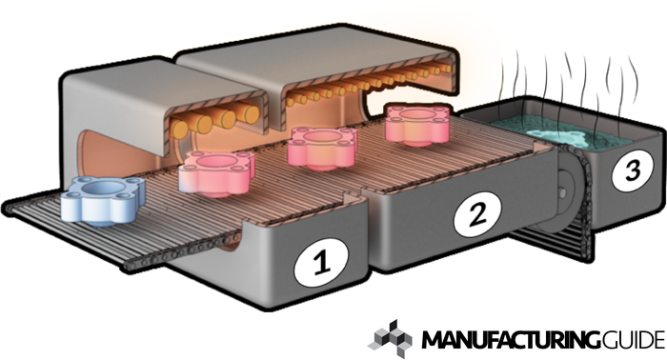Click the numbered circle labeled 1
pyautogui.click(x=321, y=261)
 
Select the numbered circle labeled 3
pyautogui.click(x=633, y=170)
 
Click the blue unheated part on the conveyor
pyautogui.click(x=103, y=201)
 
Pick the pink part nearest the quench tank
pyautogui.click(x=417, y=123)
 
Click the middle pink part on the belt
pyautogui.click(x=322, y=148)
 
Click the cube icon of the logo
pyautogui.click(x=390, y=339)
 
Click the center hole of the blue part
pyautogui.click(x=103, y=188)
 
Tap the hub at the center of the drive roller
pyautogui.click(x=562, y=192)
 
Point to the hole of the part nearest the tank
pyautogui.click(x=418, y=114)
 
